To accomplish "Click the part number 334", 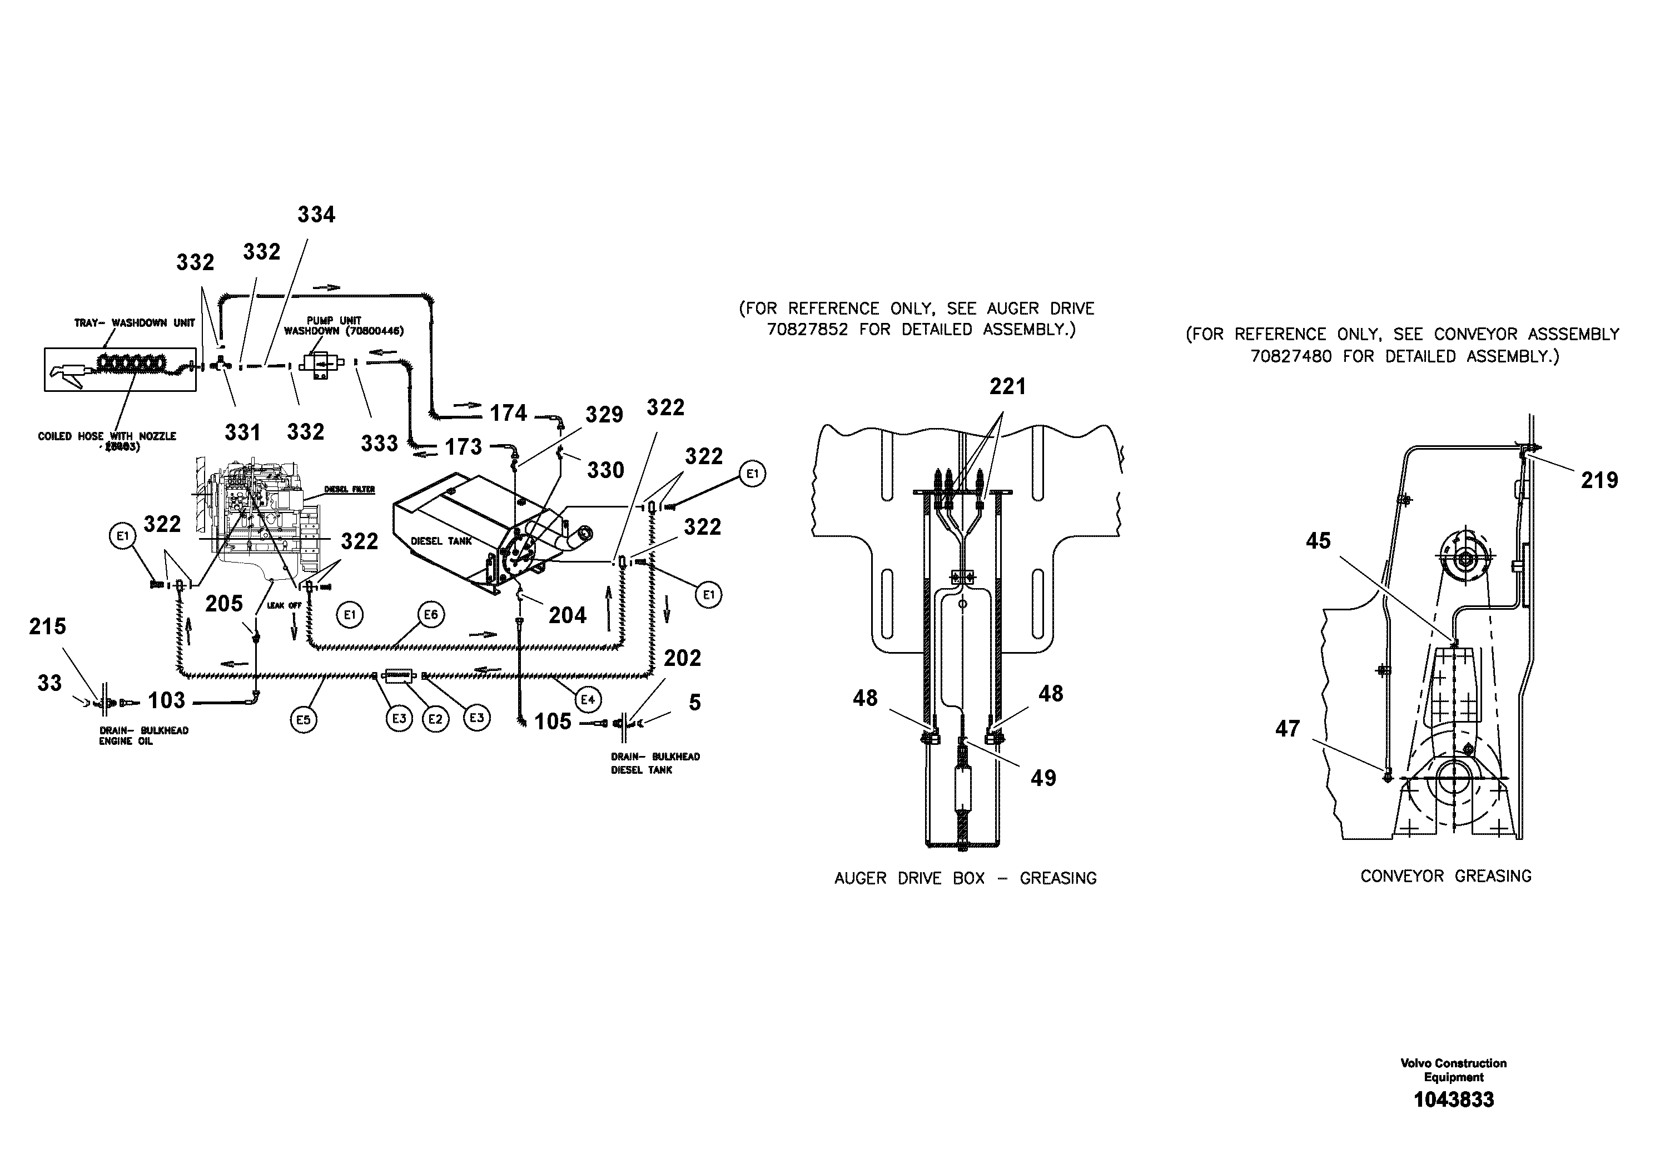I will tap(316, 215).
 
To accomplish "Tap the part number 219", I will tap(1599, 480).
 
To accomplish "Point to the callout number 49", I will tap(1043, 778).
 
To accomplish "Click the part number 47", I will tap(1288, 729).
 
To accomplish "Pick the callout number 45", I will tap(1318, 541).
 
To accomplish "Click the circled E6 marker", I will tap(430, 615).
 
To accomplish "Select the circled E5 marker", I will tap(304, 719).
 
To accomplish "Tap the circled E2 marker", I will tap(435, 719).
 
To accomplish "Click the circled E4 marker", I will tap(588, 699).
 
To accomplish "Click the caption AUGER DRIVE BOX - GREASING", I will tap(965, 878).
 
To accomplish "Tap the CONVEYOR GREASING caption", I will tap(1445, 877).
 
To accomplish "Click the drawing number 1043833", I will tap(1453, 1100).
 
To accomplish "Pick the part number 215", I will tap(48, 626).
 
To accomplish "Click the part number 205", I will tap(223, 603).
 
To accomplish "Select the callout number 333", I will tap(379, 443).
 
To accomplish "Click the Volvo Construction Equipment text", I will tap(1453, 1070).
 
